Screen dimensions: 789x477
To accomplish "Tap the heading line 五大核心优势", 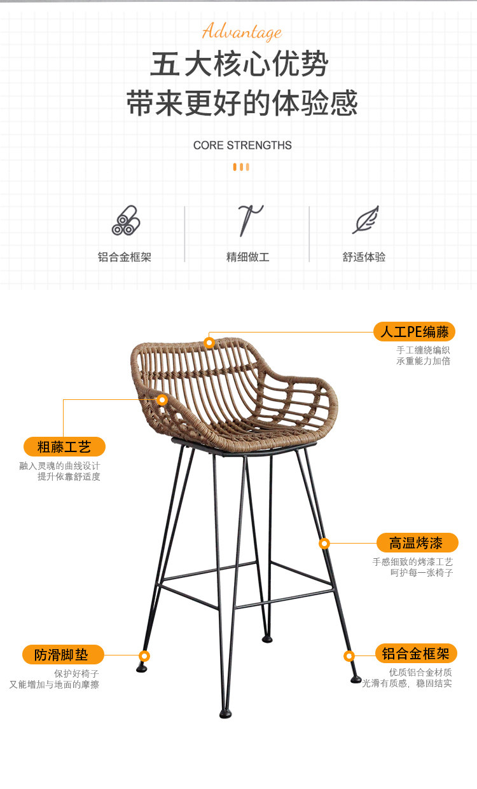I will point(239,65).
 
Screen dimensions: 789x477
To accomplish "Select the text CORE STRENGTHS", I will point(242,145).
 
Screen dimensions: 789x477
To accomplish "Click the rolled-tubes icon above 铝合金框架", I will point(125,220).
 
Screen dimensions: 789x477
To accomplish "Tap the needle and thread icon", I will point(249,220).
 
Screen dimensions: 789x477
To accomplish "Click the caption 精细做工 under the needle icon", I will point(248,257).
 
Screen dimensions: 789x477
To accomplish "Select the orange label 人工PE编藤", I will point(414,331).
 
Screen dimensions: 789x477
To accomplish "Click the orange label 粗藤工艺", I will point(64,446).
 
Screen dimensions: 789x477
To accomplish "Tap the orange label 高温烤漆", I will point(416,543).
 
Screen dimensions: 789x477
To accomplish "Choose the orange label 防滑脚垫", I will point(61,655).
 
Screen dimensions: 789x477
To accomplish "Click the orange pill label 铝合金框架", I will point(416,653).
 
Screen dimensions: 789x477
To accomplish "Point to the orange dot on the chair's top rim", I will point(209,343).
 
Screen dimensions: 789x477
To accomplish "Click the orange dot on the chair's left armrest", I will point(162,400).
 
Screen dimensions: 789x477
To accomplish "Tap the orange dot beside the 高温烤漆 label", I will point(324,544).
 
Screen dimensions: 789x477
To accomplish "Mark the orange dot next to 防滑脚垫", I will point(144,655).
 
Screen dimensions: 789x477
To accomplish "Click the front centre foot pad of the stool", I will point(225,713).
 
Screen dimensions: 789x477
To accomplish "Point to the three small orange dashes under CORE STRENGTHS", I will point(241,167).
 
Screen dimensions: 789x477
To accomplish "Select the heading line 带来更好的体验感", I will point(242,104).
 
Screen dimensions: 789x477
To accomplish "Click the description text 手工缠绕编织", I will point(423,350).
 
